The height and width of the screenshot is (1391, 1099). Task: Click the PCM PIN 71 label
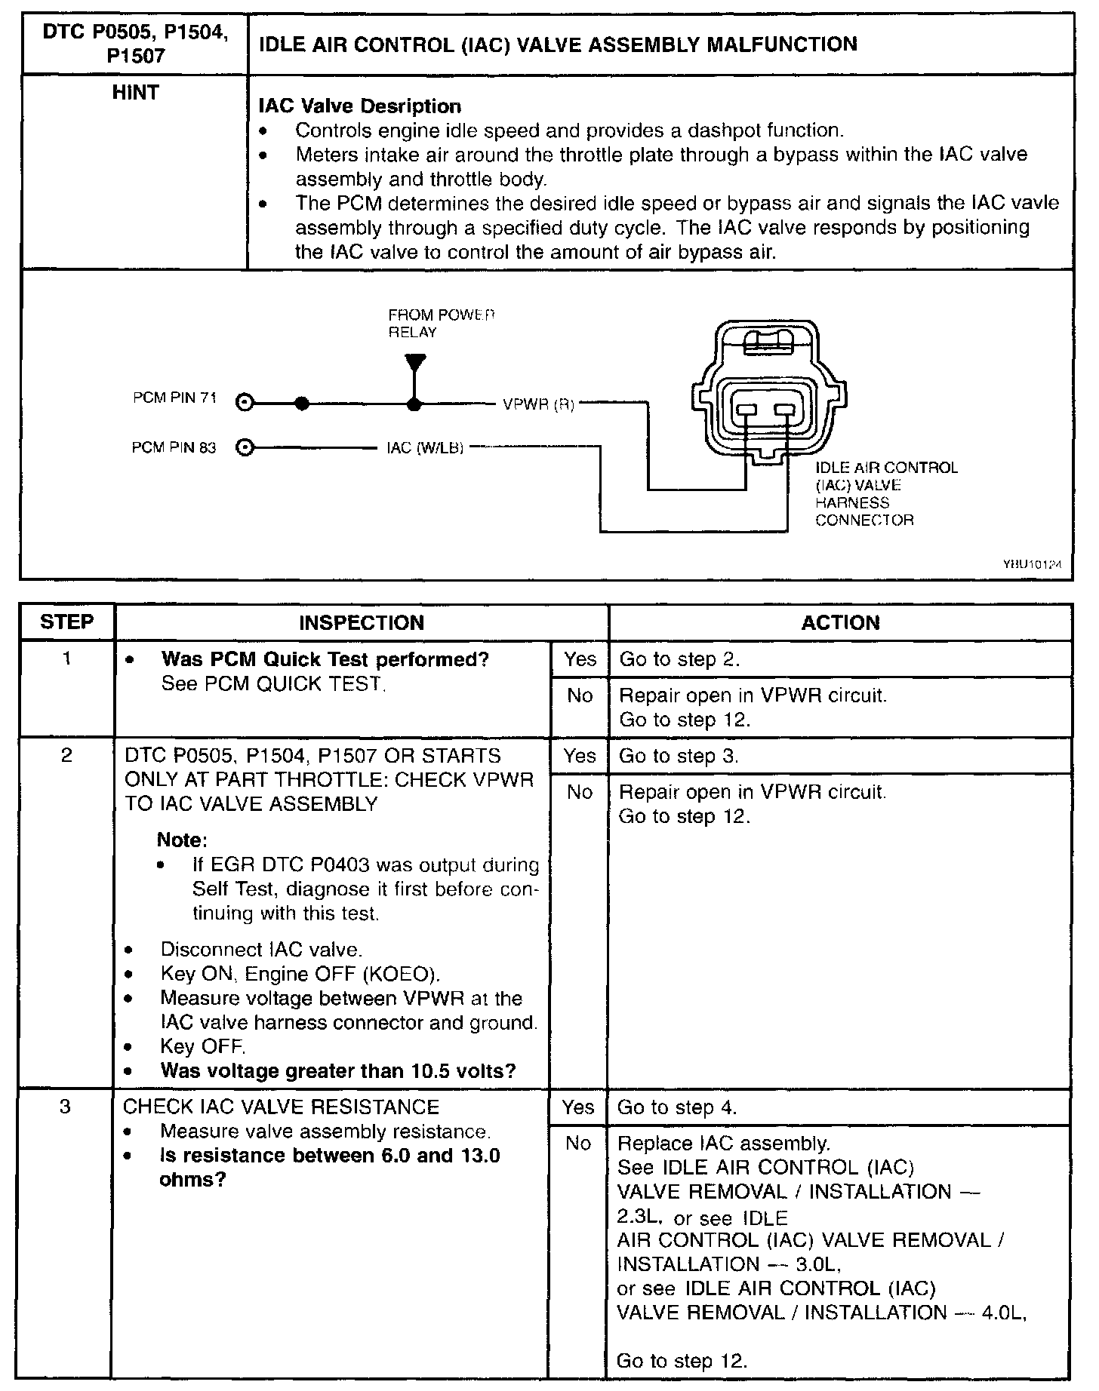click(x=174, y=398)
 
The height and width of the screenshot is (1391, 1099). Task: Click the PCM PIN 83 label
click(x=174, y=448)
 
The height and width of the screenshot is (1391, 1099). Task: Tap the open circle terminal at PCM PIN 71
click(x=244, y=403)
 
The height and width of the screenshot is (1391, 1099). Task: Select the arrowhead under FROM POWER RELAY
click(x=414, y=362)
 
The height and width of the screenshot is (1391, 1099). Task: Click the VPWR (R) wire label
click(x=538, y=405)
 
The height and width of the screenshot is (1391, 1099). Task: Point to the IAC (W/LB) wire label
click(x=424, y=448)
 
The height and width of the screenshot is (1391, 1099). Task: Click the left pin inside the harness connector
click(x=746, y=410)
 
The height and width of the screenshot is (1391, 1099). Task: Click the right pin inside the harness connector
click(x=786, y=410)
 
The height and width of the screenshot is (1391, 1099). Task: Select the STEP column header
click(x=67, y=622)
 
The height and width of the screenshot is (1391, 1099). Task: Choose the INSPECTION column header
click(x=362, y=623)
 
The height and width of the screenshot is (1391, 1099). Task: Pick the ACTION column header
click(x=840, y=623)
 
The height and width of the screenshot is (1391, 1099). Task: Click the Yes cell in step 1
click(x=580, y=659)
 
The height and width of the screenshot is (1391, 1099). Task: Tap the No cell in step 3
click(x=578, y=1144)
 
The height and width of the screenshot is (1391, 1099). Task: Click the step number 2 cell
click(x=66, y=755)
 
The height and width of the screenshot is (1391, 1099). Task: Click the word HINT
click(x=135, y=93)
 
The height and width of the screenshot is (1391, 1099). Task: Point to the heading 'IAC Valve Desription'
click(x=360, y=106)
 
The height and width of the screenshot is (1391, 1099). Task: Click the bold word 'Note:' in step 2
click(x=182, y=840)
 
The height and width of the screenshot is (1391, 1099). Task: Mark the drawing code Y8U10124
click(x=1037, y=563)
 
